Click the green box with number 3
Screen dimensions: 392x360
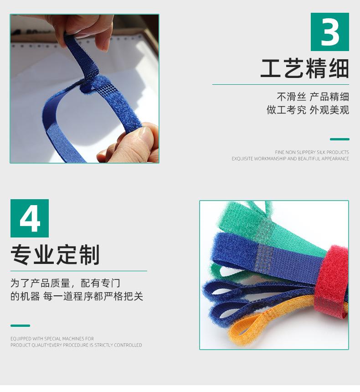point(329,32)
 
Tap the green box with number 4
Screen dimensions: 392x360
point(30,218)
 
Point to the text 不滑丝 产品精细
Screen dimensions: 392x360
point(313,97)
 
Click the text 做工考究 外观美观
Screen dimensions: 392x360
point(308,110)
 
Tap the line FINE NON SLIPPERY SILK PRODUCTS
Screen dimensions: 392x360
point(312,152)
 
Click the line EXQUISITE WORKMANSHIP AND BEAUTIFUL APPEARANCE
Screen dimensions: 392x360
point(290,159)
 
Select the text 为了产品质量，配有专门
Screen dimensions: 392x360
point(66,283)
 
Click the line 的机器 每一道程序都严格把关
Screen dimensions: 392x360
point(77,296)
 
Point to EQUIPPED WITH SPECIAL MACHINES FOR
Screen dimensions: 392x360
point(52,339)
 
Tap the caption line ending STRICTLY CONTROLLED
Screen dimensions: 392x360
point(76,345)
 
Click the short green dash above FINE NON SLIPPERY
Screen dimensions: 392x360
point(339,139)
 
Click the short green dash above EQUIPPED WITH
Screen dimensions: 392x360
point(20,325)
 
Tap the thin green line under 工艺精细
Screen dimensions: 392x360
point(280,84)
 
